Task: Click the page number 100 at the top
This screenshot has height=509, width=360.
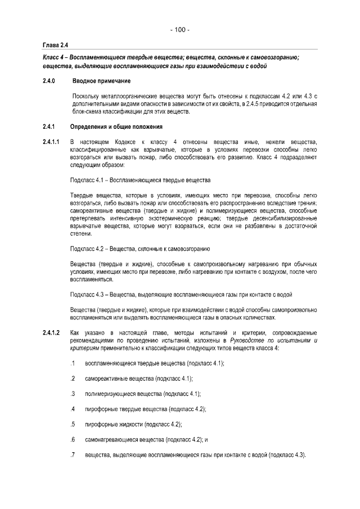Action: [x=180, y=29]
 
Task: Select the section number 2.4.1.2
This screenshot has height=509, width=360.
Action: [x=51, y=334]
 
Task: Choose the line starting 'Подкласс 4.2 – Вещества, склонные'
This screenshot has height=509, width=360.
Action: [x=140, y=248]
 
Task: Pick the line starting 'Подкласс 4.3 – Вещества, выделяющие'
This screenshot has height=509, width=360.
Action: [x=180, y=294]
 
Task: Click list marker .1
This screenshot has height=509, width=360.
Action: [x=73, y=363]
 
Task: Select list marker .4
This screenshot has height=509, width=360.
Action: [x=73, y=408]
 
